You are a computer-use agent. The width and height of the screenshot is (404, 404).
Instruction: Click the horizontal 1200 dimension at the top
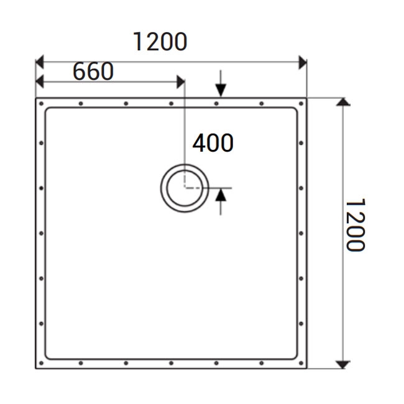[x=160, y=42]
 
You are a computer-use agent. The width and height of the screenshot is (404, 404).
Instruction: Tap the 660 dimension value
[x=93, y=71]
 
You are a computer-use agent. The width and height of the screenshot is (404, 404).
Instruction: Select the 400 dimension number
[x=213, y=143]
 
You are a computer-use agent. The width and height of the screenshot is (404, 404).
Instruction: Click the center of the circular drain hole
[x=185, y=188]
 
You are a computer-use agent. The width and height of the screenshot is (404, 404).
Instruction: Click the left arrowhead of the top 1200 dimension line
[x=40, y=62]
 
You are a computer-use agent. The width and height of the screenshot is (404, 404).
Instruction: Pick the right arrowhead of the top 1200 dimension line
[x=303, y=62]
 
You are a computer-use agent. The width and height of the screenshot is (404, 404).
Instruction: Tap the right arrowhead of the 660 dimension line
[x=181, y=81]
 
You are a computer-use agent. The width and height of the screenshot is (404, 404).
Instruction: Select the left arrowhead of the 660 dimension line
[x=40, y=81]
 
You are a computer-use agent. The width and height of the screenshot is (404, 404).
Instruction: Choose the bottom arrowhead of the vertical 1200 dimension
[x=342, y=364]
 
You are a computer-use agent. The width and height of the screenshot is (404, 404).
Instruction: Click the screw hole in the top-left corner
[x=41, y=103]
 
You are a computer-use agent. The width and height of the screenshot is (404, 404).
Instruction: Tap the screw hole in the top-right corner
[x=301, y=103]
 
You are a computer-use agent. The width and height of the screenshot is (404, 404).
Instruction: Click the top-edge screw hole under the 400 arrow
[x=216, y=103]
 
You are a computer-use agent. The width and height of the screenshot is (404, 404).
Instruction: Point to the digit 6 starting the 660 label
[x=80, y=71]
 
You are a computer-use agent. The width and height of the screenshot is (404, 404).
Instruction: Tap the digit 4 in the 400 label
[x=199, y=143]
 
